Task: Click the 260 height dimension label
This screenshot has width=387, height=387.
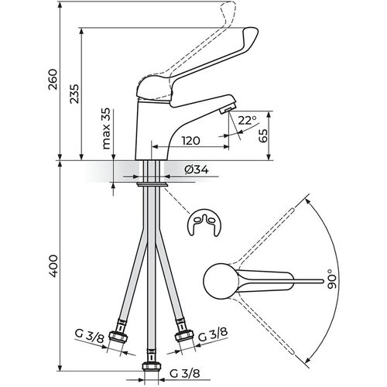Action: [x=53, y=79]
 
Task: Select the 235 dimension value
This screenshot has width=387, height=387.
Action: [x=74, y=94]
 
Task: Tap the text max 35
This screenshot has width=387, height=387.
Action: [x=106, y=128]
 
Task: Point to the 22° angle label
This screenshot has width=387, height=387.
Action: [x=247, y=120]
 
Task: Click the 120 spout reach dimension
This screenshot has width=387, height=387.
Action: [x=191, y=141]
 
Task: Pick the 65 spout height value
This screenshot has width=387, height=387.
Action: [x=263, y=135]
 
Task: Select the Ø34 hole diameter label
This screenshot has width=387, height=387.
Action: [x=197, y=170]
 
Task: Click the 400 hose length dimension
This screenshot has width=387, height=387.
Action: [x=53, y=266]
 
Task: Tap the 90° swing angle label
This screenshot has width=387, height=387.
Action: [x=332, y=279]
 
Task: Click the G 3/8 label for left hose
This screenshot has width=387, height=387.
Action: [x=89, y=336]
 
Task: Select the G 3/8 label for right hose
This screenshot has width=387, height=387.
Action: [x=213, y=334]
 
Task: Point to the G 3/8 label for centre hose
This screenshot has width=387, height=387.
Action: [x=185, y=373]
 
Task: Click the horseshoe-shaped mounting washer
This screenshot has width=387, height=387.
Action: [x=204, y=222]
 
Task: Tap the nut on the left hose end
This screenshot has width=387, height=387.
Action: [x=118, y=336]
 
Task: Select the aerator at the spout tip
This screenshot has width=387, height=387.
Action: [x=228, y=109]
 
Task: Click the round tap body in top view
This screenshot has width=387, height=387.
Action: [x=219, y=281]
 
